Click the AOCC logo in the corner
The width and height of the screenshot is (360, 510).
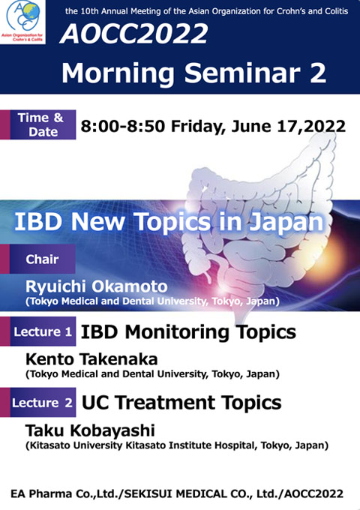coord(22,22)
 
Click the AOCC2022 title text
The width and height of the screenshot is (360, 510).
coord(133,34)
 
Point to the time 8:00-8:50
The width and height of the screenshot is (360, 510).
coord(123,126)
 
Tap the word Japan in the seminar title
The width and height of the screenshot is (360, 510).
coord(286,223)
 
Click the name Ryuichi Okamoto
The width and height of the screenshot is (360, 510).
coord(97,286)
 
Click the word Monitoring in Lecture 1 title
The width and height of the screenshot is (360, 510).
coord(177,333)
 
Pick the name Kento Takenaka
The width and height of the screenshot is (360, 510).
coord(91,359)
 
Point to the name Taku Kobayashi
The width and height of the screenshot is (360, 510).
coord(90,430)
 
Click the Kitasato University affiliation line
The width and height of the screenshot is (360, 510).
coord(177,445)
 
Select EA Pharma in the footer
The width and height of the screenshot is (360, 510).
coord(41,493)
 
